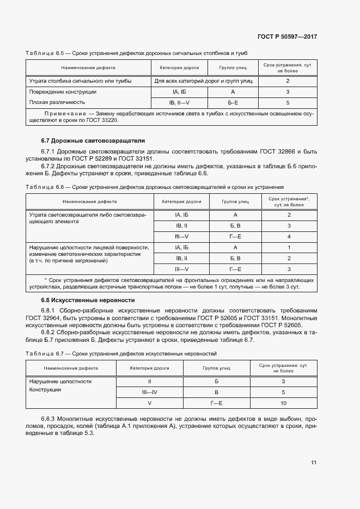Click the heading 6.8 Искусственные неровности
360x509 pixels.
(80, 300)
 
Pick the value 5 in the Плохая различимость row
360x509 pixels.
(288, 102)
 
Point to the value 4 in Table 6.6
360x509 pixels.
(289, 236)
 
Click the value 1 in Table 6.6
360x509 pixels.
(289, 247)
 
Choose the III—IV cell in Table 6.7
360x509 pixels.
(149, 392)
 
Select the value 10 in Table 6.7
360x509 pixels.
(284, 403)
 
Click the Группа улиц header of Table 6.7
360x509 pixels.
(216, 368)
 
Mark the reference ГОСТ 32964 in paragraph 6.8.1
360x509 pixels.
(47, 317)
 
